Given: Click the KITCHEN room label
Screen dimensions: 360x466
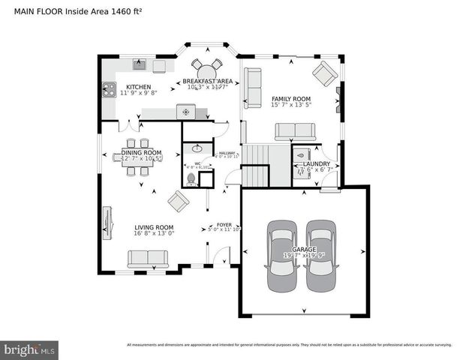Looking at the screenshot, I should coord(138,86).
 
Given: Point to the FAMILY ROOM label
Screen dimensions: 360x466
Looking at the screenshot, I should coord(291,99).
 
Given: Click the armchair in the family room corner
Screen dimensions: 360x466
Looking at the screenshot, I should coord(325,73).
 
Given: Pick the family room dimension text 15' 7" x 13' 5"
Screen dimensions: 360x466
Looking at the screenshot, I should coord(291,106).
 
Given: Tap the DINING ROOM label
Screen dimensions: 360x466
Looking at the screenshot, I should coord(141,152).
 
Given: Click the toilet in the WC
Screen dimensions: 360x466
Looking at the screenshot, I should coord(191,178).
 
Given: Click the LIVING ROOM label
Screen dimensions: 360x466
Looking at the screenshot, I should coord(154,227).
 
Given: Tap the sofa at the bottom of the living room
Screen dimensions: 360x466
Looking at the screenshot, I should coord(148,258).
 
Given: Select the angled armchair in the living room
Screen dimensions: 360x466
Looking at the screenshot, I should coord(178,200).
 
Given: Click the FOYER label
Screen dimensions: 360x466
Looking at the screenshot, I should coord(224,224).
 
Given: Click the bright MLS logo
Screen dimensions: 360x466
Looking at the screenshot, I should coord(29,349).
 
